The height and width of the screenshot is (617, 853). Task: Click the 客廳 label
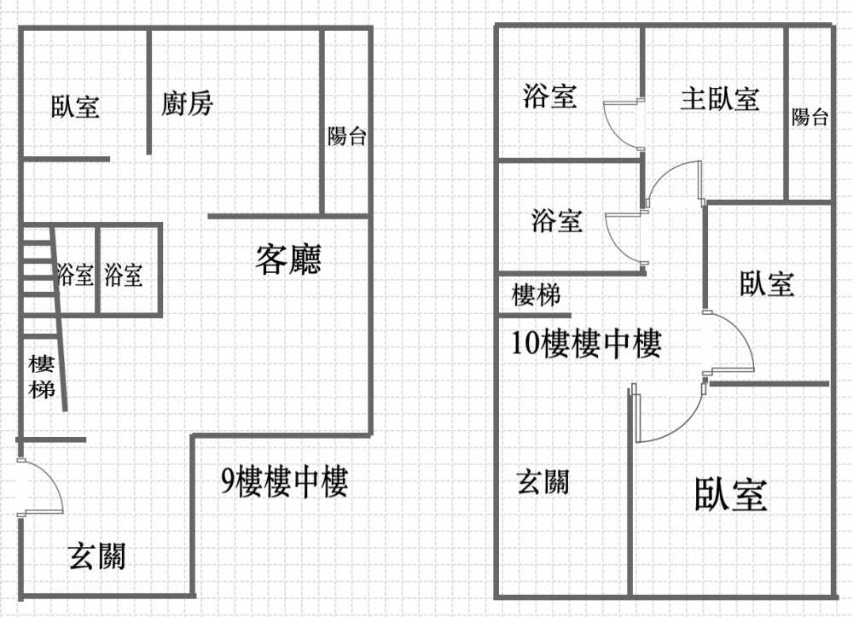(x=288, y=259)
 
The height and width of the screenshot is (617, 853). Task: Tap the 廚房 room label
(x=187, y=103)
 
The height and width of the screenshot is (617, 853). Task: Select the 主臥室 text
(x=719, y=100)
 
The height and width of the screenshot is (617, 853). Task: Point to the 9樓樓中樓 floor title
(x=285, y=481)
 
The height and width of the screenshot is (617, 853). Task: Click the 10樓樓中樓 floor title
(x=587, y=343)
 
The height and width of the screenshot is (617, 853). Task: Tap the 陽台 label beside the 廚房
(x=346, y=136)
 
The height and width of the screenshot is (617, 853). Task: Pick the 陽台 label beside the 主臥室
(x=809, y=117)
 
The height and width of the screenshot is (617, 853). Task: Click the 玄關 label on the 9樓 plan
(x=97, y=556)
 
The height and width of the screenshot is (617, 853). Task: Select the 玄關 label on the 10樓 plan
(x=543, y=482)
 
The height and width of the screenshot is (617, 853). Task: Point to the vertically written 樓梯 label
(x=41, y=377)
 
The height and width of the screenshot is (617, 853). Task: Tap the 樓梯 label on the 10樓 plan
(x=536, y=295)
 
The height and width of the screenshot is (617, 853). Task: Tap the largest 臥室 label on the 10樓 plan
(x=731, y=494)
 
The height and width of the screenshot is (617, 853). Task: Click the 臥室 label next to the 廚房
(x=76, y=107)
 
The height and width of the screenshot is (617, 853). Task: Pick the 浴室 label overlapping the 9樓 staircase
(x=75, y=274)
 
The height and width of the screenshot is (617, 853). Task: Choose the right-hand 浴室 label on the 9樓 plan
(x=124, y=274)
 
